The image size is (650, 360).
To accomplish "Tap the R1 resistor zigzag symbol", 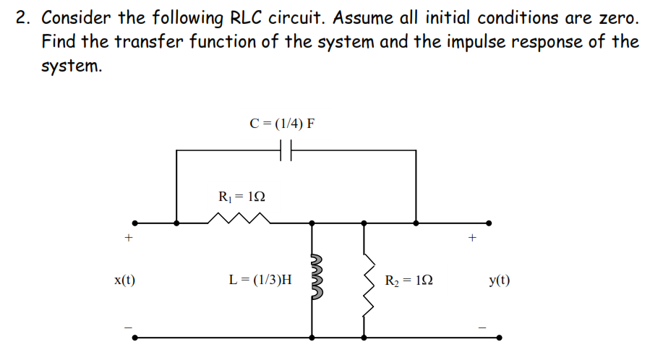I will pyautogui.click(x=234, y=218).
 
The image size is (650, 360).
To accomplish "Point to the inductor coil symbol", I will pyautogui.click(x=314, y=279).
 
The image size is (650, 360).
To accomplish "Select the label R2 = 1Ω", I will pyautogui.click(x=409, y=280).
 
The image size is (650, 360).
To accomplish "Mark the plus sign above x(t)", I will pyautogui.click(x=129, y=237).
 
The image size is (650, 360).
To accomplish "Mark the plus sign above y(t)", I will pyautogui.click(x=474, y=236).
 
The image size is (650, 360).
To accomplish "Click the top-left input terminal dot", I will pyautogui.click(x=132, y=223).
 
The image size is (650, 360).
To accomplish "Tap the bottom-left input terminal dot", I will pyautogui.click(x=132, y=337).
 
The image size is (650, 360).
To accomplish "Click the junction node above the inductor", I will pyautogui.click(x=312, y=223).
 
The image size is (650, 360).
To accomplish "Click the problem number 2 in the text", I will pyautogui.click(x=21, y=18).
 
